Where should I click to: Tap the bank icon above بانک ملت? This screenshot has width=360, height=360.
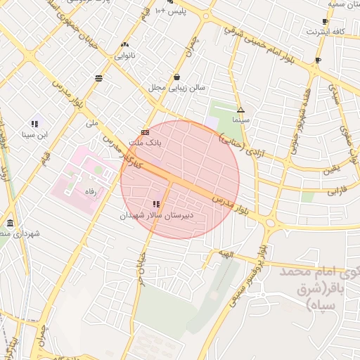pyautogui.click(x=145, y=131)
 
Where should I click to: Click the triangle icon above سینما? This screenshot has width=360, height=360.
pyautogui.click(x=240, y=110)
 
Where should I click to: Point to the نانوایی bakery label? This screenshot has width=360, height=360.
pyautogui.click(x=124, y=53)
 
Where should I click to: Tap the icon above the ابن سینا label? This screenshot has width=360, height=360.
pyautogui.click(x=34, y=123)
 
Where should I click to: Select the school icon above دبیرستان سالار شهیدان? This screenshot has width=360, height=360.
pyautogui.click(x=155, y=204)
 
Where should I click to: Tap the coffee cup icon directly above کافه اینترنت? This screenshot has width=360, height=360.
pyautogui.click(x=324, y=22)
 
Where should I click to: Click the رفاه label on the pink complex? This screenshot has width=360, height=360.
pyautogui.click(x=90, y=191)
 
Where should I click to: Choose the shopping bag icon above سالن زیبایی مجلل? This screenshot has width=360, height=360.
pyautogui.click(x=176, y=77)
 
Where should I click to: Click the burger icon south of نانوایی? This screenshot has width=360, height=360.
pyautogui.click(x=98, y=77)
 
